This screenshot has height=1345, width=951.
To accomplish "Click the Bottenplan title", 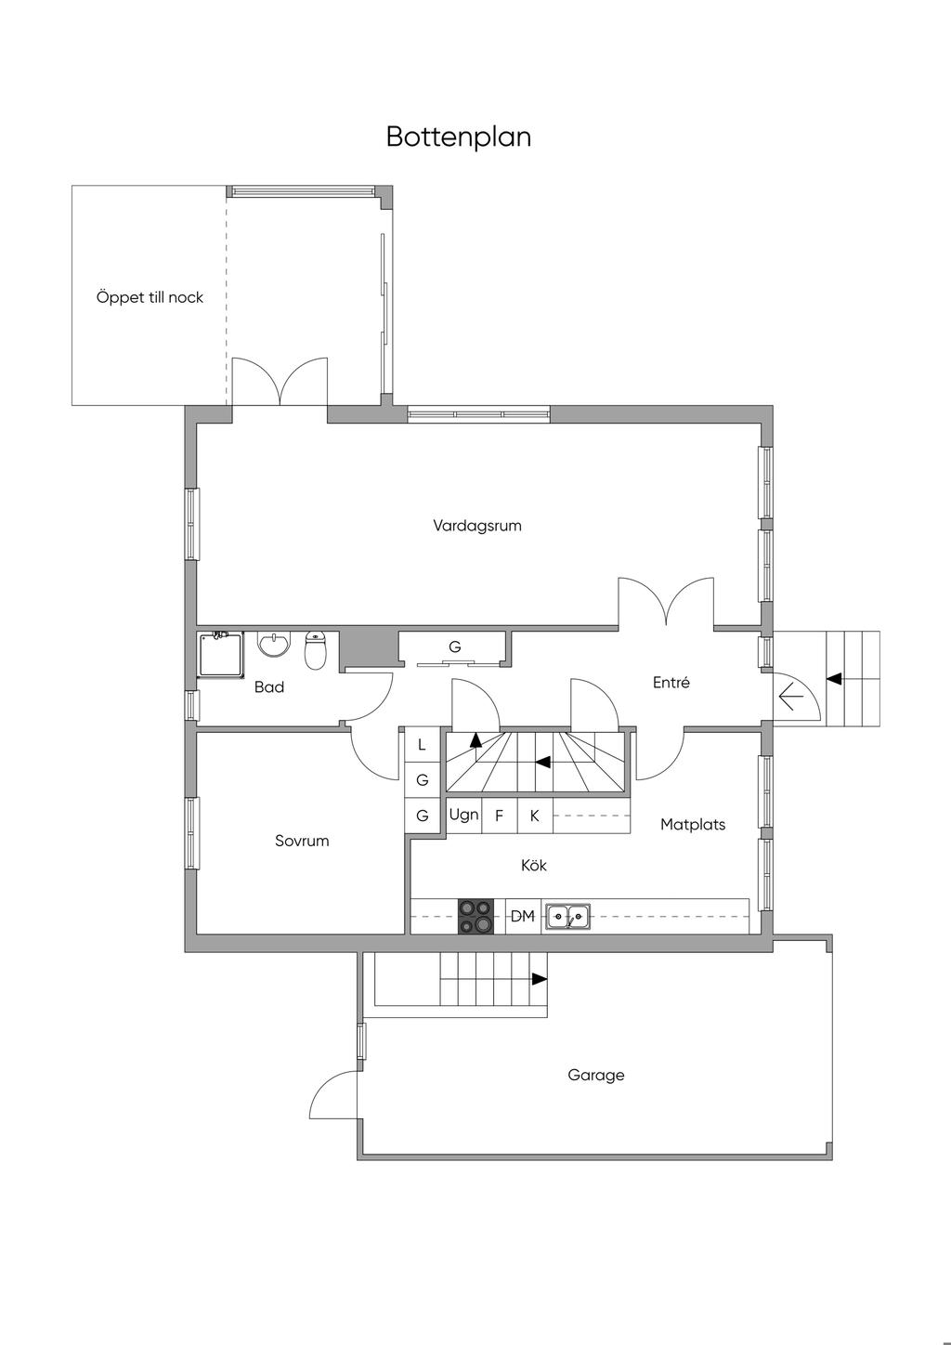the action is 459,137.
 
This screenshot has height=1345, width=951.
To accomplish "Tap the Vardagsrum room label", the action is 477,526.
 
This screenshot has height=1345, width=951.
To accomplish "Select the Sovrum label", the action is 302,841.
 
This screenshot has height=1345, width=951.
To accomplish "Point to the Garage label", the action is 596,1075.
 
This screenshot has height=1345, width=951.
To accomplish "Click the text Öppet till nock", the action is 150,298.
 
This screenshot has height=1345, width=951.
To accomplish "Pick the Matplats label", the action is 693,824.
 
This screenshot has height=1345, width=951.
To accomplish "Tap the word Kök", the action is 534,866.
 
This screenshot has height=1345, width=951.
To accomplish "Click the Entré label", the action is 671,683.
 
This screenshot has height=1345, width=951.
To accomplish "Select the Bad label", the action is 269,687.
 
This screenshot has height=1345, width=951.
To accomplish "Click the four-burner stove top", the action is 475,916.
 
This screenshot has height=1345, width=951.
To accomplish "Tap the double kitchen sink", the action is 567,917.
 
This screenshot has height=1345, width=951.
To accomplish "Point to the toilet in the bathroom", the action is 316,651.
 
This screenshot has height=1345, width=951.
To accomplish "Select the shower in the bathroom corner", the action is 221,654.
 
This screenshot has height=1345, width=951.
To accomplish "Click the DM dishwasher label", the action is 523,917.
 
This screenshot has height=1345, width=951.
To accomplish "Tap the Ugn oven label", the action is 463,815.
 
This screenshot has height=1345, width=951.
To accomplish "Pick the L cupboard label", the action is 422,744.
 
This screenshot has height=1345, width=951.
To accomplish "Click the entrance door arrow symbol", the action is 791,696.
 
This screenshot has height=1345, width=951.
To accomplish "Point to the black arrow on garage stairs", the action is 539,979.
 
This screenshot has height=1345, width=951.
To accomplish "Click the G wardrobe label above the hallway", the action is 455,646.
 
